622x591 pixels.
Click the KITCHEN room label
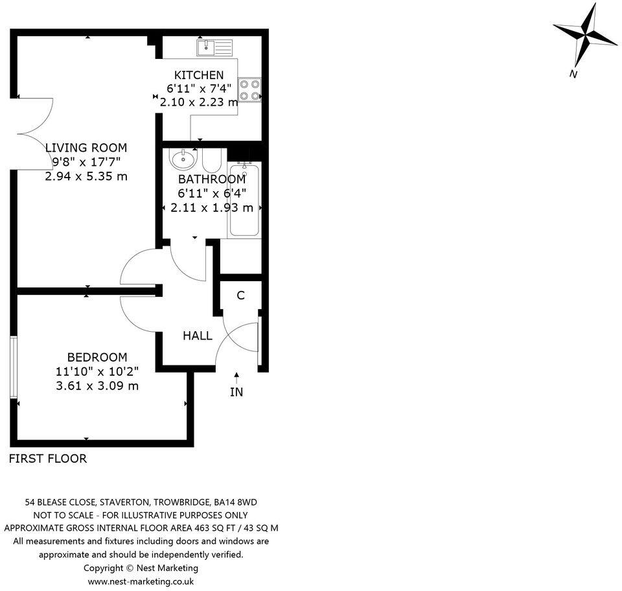click(x=199, y=75)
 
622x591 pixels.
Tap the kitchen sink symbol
click(x=214, y=47)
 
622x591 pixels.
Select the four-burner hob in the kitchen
click(x=250, y=90)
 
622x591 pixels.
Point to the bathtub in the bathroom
click(x=244, y=200)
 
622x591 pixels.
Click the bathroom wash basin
click(x=184, y=157)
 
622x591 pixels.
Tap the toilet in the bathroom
click(x=213, y=159)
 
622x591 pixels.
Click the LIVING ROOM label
click(x=86, y=148)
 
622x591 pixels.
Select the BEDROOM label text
click(x=97, y=357)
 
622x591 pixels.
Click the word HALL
click(x=197, y=336)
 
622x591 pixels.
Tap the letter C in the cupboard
click(x=240, y=295)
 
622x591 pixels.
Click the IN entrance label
click(x=236, y=392)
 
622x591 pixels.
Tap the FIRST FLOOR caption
click(x=47, y=459)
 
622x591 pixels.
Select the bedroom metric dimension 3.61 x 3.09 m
click(x=97, y=386)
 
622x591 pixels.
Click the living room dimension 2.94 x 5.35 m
click(x=86, y=176)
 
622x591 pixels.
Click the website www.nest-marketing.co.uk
click(x=141, y=581)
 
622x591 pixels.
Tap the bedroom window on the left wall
click(x=12, y=367)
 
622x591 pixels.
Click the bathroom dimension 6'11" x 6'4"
click(x=212, y=193)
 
